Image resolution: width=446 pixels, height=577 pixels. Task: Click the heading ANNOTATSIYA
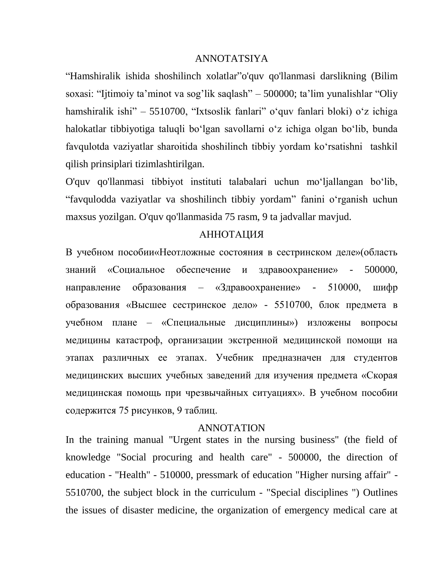coord(231,59)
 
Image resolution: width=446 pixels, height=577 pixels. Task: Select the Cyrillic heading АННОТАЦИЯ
coord(231,234)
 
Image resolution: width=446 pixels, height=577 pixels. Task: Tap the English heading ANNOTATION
coord(231,428)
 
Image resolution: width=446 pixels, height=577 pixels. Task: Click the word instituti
coord(206,182)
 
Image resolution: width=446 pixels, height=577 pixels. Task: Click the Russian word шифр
coord(385,287)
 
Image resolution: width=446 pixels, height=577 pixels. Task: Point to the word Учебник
coord(234,358)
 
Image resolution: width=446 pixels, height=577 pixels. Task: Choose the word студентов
coord(375,358)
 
